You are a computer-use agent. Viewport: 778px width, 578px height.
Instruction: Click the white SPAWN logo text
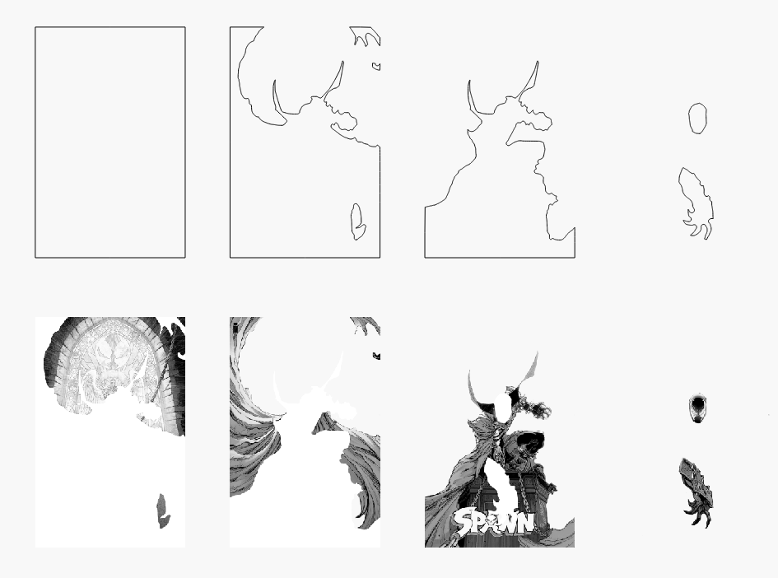(494, 522)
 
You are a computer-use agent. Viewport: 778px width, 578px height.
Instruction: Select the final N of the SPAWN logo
(526, 523)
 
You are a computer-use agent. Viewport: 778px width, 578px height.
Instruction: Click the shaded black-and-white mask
(697, 409)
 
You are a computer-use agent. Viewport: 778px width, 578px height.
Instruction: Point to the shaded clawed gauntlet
(696, 492)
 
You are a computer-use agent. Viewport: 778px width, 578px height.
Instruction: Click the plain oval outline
(697, 104)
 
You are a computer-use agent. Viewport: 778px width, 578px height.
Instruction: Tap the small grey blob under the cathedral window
(163, 511)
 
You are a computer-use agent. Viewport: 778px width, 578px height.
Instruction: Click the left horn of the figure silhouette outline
(472, 100)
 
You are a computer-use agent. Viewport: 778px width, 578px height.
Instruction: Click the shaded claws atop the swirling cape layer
(366, 326)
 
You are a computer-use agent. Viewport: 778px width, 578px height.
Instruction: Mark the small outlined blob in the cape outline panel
(357, 221)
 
